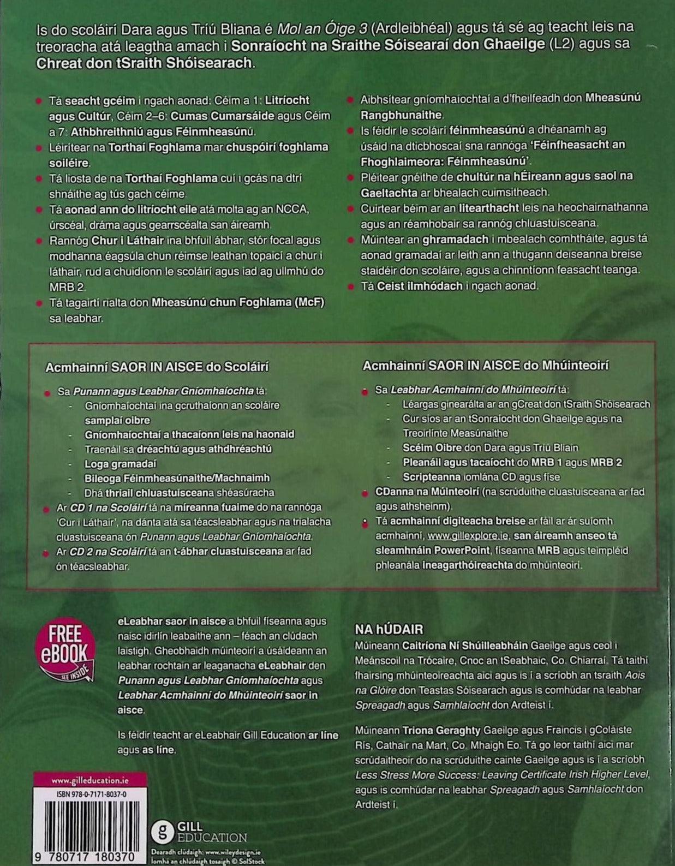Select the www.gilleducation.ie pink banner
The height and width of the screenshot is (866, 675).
click(x=82, y=780)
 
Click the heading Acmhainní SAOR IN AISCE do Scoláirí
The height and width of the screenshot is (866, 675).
click(x=157, y=367)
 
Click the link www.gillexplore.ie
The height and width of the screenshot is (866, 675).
click(x=468, y=536)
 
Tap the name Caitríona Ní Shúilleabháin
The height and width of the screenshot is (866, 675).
click(x=465, y=645)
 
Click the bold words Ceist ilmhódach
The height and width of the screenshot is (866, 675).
click(x=420, y=286)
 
